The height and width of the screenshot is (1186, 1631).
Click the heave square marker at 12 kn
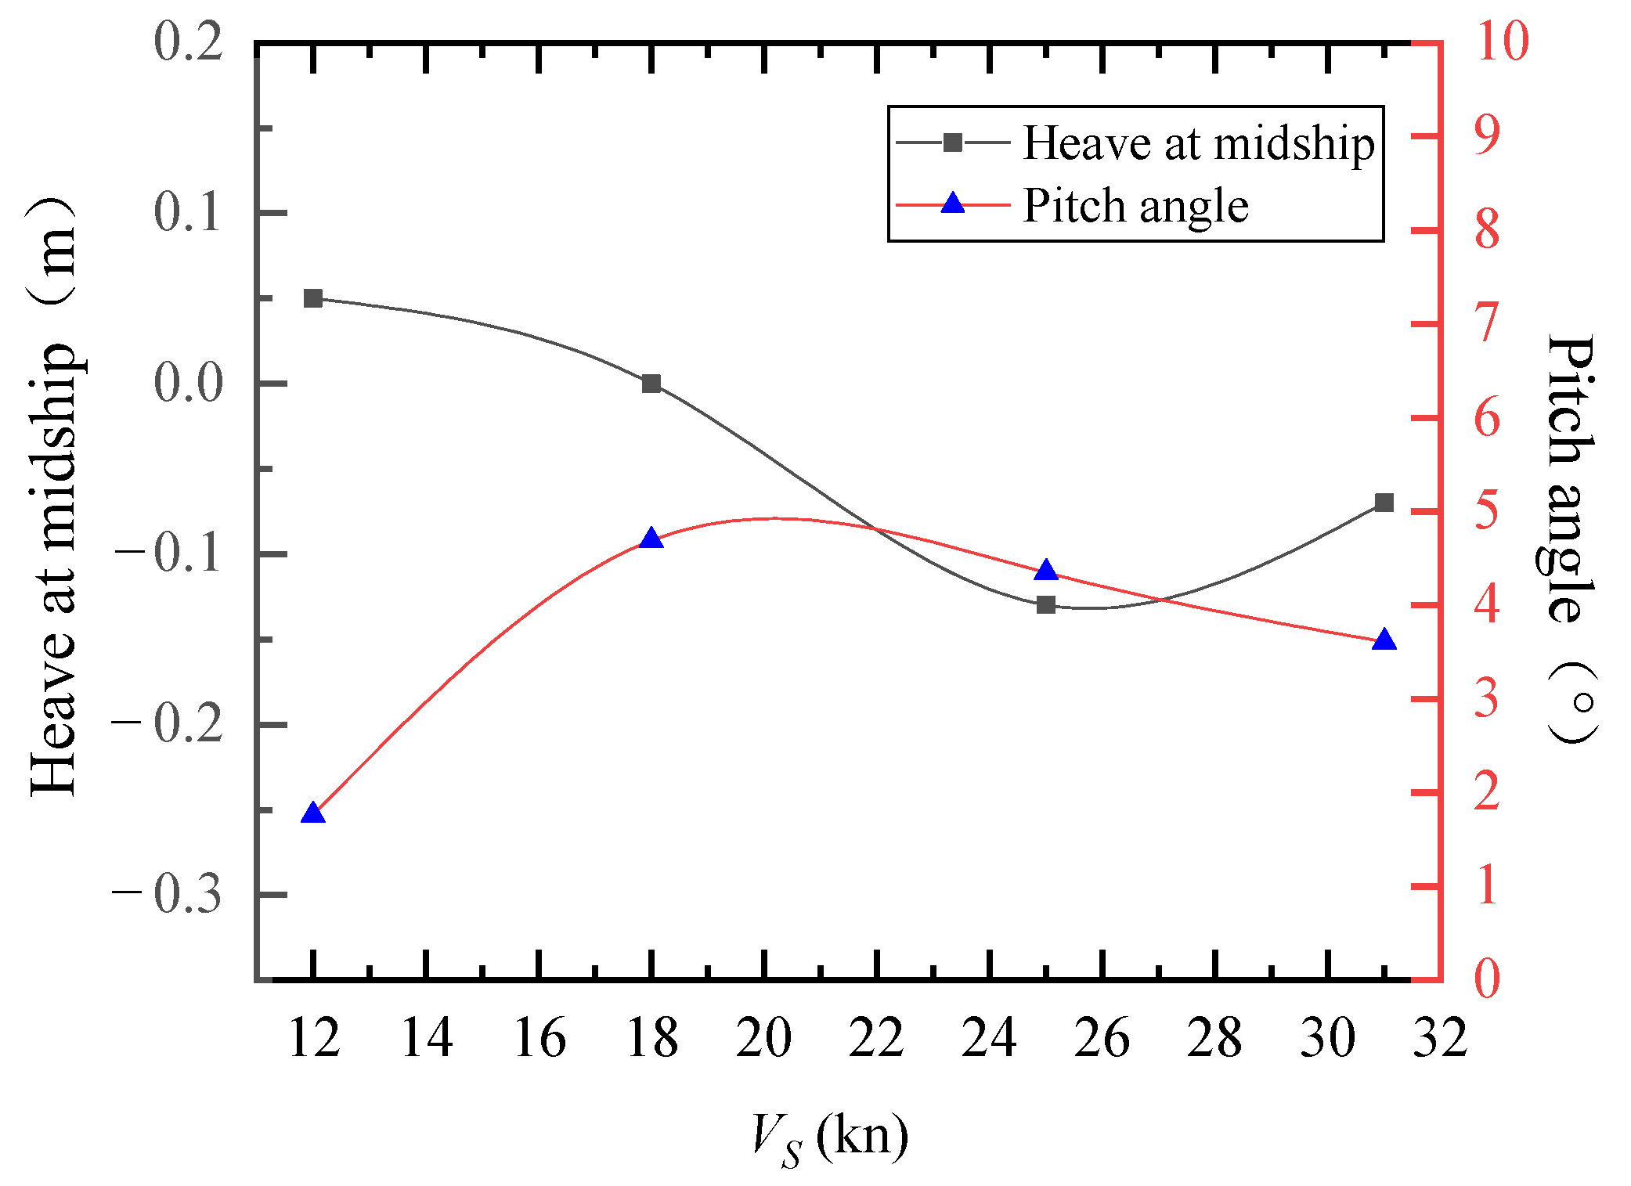coord(313,298)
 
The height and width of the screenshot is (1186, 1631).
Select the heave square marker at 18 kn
coord(651,384)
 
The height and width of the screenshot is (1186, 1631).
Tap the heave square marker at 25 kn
coord(1046,604)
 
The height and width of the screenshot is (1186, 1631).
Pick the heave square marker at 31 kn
coord(1384,503)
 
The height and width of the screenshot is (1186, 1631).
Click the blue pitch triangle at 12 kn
coord(313,813)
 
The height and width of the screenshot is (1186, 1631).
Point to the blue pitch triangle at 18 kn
coord(651,539)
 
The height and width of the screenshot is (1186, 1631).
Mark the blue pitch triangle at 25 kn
coord(1046,571)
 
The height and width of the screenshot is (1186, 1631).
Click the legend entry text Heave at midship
coord(1198,144)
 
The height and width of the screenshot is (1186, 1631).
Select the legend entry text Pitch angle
coord(1135,206)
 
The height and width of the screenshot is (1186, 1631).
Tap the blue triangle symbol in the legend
coord(953,204)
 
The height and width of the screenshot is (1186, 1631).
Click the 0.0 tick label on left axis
coord(188,384)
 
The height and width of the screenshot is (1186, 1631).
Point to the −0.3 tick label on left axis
coord(168,894)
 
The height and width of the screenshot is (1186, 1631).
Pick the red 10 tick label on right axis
coord(1502,41)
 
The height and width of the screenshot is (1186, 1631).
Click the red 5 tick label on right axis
coord(1488,510)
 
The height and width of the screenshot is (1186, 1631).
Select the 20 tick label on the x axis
coord(763,1038)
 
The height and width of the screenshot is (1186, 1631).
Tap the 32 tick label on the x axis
coord(1439,1038)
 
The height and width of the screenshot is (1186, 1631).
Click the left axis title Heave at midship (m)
coord(53,497)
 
